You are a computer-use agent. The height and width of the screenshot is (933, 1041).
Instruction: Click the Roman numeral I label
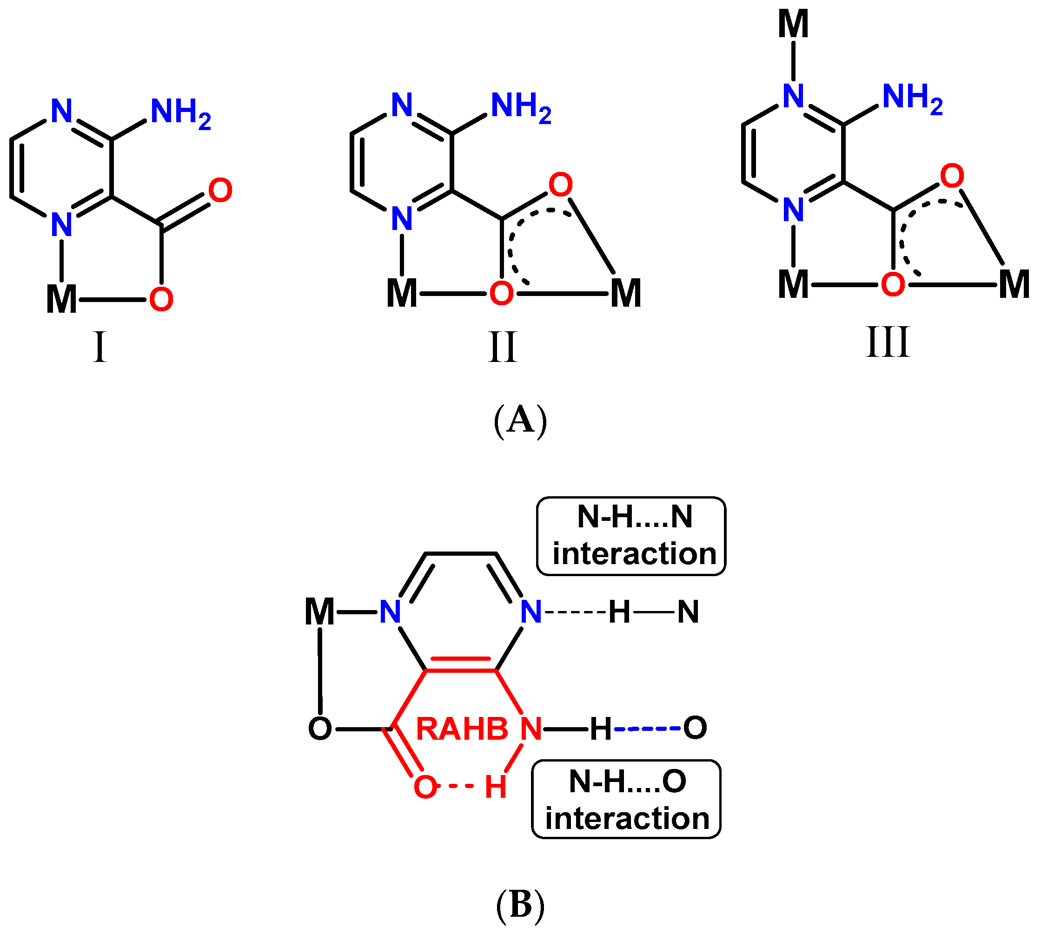[99, 347]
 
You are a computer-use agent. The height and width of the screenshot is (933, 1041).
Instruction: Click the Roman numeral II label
[502, 347]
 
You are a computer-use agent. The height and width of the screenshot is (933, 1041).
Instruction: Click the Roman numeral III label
[888, 342]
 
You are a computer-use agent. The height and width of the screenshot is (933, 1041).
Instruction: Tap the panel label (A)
[520, 421]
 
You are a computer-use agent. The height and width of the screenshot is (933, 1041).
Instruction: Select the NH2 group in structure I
[180, 113]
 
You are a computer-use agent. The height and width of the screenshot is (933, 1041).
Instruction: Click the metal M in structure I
[61, 299]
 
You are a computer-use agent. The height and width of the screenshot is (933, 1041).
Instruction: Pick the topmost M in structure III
[793, 24]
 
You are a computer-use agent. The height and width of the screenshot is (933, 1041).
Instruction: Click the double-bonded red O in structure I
[220, 190]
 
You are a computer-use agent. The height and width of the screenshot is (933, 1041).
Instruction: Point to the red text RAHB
[462, 729]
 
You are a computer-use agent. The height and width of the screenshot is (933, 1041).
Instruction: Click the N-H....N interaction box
[630, 536]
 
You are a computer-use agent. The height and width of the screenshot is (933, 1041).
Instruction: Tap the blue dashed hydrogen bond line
[648, 729]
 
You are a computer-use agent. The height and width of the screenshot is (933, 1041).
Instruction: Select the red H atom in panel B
[496, 788]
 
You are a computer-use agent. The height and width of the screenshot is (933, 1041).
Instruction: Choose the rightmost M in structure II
[626, 294]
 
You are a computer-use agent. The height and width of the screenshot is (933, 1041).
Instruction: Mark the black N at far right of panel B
[688, 612]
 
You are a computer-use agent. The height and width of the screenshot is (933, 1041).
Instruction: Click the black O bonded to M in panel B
[319, 729]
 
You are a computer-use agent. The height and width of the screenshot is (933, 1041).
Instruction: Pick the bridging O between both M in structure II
[501, 294]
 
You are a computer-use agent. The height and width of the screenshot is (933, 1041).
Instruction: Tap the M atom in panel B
[319, 611]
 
